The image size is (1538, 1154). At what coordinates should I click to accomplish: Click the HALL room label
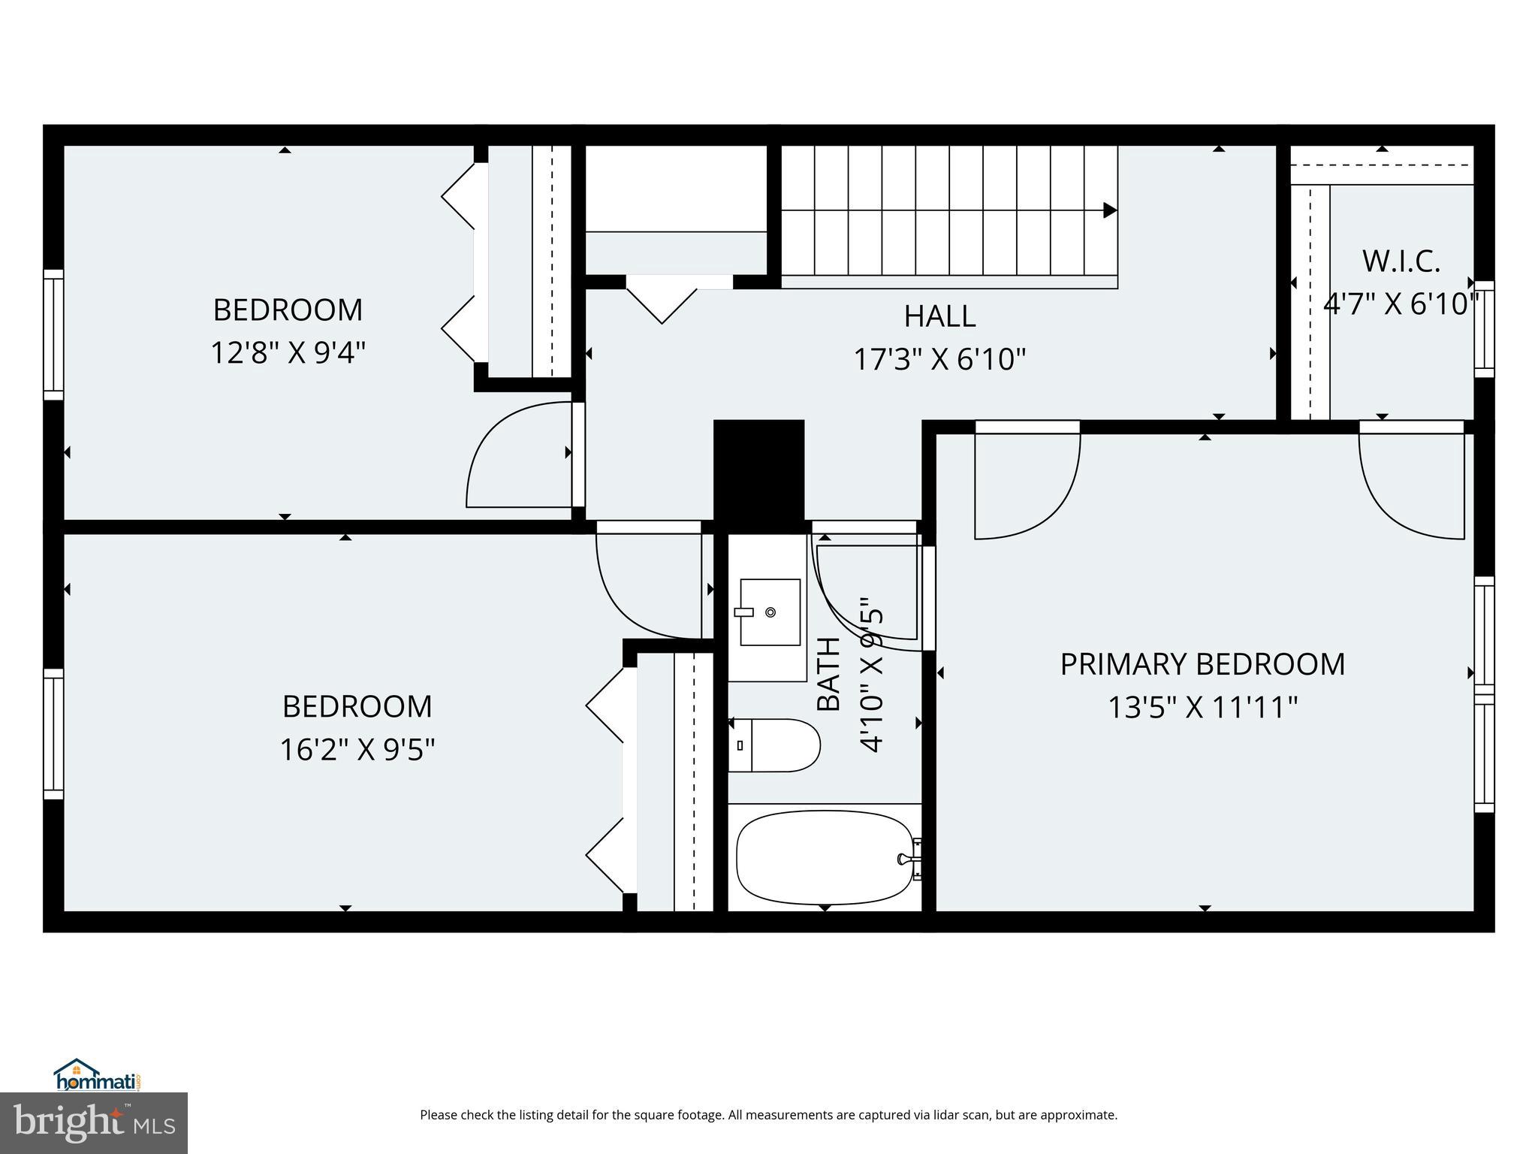pos(939,316)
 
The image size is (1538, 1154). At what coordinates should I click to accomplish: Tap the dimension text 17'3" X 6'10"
pos(939,360)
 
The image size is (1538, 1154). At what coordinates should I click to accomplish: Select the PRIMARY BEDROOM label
pos(1202,664)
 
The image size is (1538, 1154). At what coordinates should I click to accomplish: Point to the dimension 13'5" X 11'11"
pos(1202,708)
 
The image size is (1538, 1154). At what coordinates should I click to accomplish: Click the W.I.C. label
pos(1401,261)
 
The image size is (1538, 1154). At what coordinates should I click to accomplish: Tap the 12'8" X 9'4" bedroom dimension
pos(288,353)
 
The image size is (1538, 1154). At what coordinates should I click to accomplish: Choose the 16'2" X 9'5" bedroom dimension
pos(357,750)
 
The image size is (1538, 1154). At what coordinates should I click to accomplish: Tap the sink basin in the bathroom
pos(770,612)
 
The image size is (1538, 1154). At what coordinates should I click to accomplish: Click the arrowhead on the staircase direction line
pos(1109,211)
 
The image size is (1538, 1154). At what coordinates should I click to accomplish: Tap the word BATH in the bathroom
pos(828,674)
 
